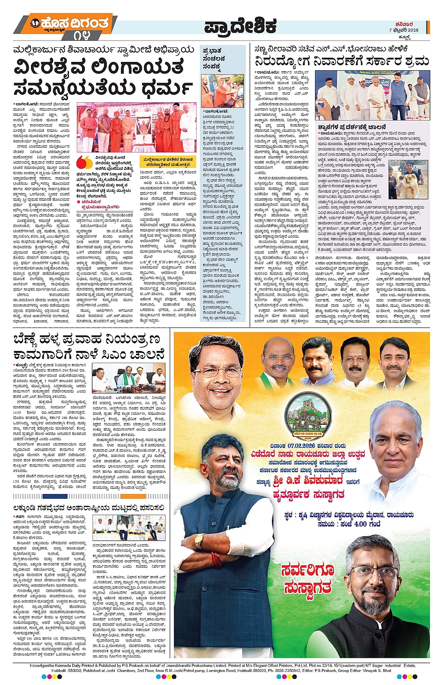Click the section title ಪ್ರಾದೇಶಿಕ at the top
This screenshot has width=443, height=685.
point(240,27)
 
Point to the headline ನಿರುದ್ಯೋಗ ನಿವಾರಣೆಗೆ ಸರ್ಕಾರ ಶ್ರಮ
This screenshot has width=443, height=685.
point(342,61)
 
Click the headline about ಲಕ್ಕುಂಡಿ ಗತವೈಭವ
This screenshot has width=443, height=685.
point(89,507)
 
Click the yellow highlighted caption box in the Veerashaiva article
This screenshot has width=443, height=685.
point(167,162)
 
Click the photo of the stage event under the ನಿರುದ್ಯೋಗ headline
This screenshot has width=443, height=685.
point(372,95)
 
